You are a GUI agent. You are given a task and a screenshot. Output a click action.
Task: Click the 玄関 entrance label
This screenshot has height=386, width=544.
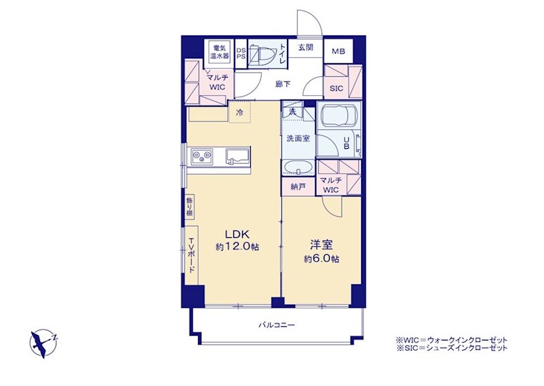point(305,48)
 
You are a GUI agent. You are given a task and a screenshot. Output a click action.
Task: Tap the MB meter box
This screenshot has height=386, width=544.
point(338,52)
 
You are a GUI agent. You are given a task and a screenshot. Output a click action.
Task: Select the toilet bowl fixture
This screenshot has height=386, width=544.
point(262,54)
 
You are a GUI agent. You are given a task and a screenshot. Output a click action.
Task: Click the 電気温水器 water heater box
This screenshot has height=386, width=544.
point(220,52)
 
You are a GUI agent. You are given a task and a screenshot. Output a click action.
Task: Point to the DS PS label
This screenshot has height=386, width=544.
point(241,53)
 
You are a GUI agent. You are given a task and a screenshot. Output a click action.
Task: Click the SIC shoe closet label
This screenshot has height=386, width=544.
point(336,88)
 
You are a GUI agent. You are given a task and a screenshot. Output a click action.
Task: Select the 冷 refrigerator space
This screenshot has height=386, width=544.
point(239,111)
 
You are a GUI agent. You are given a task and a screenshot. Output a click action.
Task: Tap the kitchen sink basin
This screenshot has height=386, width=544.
point(237,156)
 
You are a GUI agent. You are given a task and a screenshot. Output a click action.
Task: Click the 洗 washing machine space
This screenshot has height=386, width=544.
point(292,111)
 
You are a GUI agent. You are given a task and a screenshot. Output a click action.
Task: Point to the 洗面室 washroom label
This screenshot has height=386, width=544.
point(298,139)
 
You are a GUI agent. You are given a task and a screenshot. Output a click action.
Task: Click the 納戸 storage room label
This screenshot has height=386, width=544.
point(298,187)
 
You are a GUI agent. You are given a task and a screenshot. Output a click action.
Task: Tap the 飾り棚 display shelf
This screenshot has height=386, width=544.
point(190,207)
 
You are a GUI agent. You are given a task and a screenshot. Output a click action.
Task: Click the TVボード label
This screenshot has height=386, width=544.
point(192,256)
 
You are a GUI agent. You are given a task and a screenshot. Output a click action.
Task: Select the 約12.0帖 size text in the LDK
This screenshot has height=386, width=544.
point(237,247)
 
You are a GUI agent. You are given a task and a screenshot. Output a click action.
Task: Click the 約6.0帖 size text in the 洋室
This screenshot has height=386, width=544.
point(322,259)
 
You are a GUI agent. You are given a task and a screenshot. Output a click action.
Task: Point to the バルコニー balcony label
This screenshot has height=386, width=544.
point(277,325)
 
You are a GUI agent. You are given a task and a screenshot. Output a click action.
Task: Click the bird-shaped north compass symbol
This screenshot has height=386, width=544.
point(44,343)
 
